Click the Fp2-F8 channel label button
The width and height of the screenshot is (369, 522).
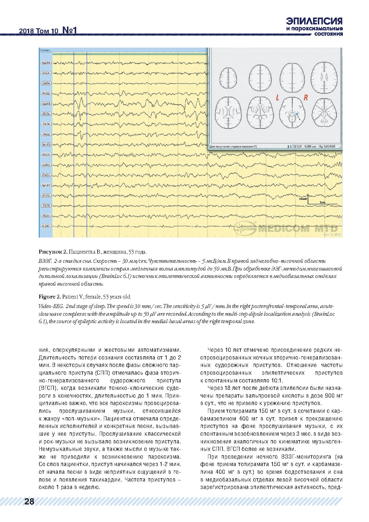point(46,104)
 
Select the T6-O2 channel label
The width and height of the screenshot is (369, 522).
point(46,134)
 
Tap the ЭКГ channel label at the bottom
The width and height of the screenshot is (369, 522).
point(46,226)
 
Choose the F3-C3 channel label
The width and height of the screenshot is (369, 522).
point(46,154)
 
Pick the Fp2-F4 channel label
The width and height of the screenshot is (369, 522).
point(46,63)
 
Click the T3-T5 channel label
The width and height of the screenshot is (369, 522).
point(46,205)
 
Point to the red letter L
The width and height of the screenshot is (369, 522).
point(277,98)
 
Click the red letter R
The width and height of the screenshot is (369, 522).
point(305,98)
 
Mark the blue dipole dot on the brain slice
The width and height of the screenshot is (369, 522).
point(296,113)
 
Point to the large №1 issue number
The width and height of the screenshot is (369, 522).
point(70,30)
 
